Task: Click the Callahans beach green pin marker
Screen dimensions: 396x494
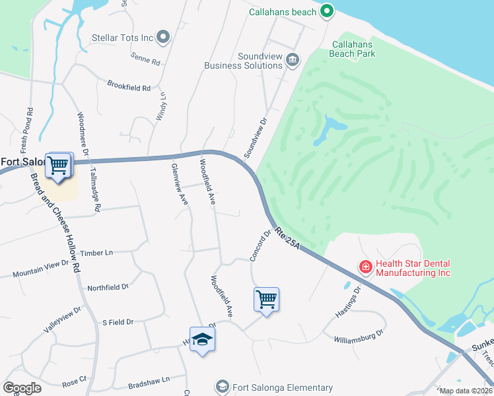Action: pos(326,11)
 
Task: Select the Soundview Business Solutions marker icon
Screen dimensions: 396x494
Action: pos(293,61)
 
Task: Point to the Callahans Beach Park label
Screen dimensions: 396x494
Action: pos(353,49)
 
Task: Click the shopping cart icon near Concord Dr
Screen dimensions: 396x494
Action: pos(266,300)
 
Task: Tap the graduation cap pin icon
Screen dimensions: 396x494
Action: pos(203,340)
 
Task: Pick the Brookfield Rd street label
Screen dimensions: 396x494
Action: pos(129,86)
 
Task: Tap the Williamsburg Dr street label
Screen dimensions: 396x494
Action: pos(359,336)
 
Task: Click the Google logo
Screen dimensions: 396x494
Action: pos(22,388)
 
